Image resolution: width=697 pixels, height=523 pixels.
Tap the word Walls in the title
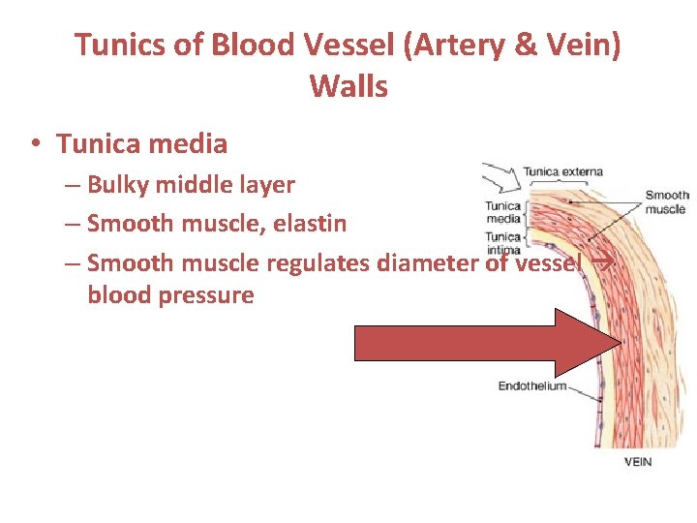pyautogui.click(x=348, y=87)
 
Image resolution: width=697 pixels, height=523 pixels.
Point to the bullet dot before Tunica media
pyautogui.click(x=34, y=145)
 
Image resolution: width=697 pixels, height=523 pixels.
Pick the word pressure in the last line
pyautogui.click(x=208, y=294)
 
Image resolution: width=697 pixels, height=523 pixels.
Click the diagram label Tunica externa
pyautogui.click(x=562, y=172)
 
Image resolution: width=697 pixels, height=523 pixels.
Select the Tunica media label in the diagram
pyautogui.click(x=502, y=212)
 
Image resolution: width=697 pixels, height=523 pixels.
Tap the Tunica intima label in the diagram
pyautogui.click(x=502, y=243)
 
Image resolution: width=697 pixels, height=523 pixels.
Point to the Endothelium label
pyautogui.click(x=531, y=385)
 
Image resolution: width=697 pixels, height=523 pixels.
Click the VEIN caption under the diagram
pyautogui.click(x=637, y=462)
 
